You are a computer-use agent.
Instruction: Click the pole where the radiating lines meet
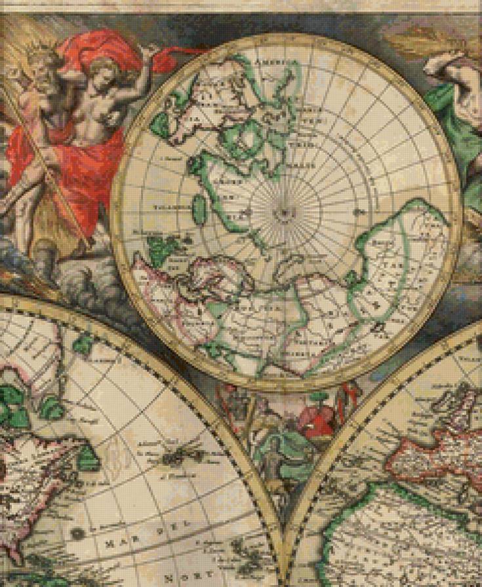(283, 212)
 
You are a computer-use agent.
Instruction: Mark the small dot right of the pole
(360, 212)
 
